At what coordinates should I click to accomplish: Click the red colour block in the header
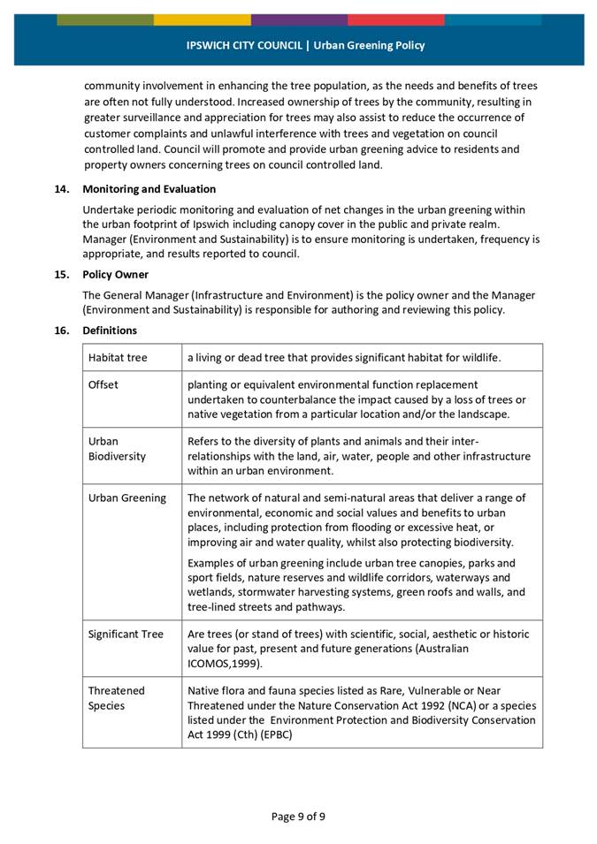point(395,19)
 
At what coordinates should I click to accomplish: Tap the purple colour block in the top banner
point(299,19)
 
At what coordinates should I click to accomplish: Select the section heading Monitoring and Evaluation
point(149,189)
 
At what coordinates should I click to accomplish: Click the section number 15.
point(62,274)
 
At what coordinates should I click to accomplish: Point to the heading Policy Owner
point(115,274)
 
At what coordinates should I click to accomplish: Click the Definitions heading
point(110,331)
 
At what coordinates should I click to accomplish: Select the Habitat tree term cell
point(118,358)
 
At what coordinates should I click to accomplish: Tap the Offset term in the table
point(103,385)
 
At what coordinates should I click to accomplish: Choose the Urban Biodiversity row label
point(117,449)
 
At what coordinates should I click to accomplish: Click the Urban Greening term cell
point(126,498)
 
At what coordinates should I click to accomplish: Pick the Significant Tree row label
point(126,635)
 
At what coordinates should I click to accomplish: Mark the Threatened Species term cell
point(116,698)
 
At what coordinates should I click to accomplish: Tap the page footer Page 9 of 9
point(298,816)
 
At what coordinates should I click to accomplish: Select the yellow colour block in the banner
point(202,19)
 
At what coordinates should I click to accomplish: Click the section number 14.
point(62,189)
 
